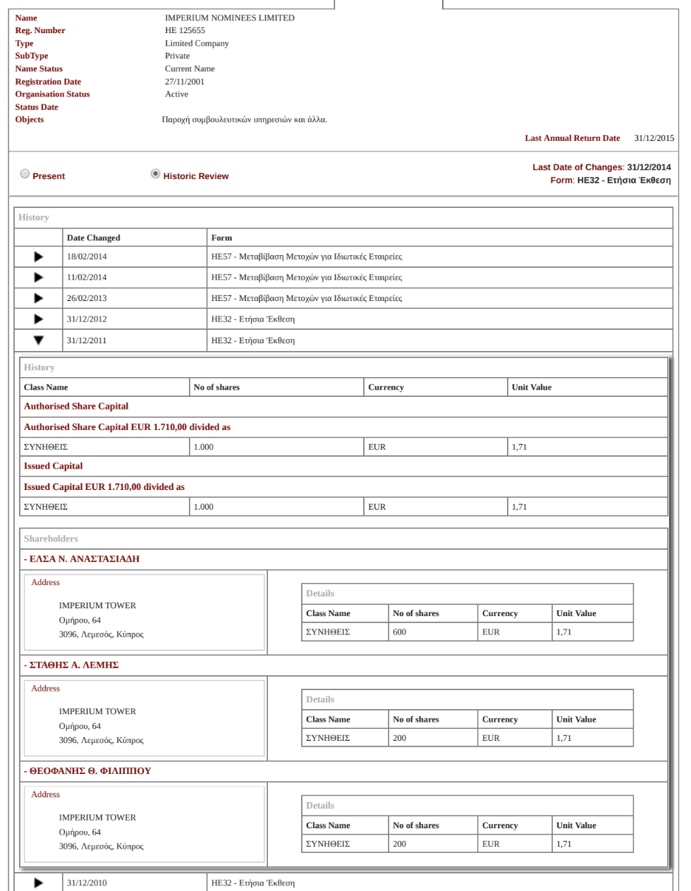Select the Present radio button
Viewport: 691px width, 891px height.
(x=25, y=174)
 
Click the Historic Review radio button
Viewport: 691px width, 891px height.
(x=156, y=174)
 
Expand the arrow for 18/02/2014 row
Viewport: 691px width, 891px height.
(x=39, y=257)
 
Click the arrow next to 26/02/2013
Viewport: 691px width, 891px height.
(x=39, y=298)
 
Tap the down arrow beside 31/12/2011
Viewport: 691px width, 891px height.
(x=39, y=340)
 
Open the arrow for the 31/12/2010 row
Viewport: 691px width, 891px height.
(x=39, y=883)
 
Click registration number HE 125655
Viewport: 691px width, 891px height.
(x=185, y=30)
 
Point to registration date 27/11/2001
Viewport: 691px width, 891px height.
(x=185, y=82)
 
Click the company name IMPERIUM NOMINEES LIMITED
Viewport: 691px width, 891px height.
(x=229, y=18)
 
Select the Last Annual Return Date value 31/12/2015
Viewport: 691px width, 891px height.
(x=654, y=138)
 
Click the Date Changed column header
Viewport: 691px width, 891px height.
(x=93, y=238)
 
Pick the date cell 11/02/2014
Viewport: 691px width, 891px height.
(x=87, y=278)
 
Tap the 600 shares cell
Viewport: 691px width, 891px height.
(x=400, y=632)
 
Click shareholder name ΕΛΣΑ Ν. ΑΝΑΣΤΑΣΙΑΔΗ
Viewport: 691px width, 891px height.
(x=84, y=559)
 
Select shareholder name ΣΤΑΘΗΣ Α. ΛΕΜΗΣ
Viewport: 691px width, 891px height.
(x=73, y=665)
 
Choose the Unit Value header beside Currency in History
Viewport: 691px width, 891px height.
(x=532, y=387)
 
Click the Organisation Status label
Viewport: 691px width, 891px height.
(x=52, y=94)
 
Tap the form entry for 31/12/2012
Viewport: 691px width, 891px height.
(x=253, y=319)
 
